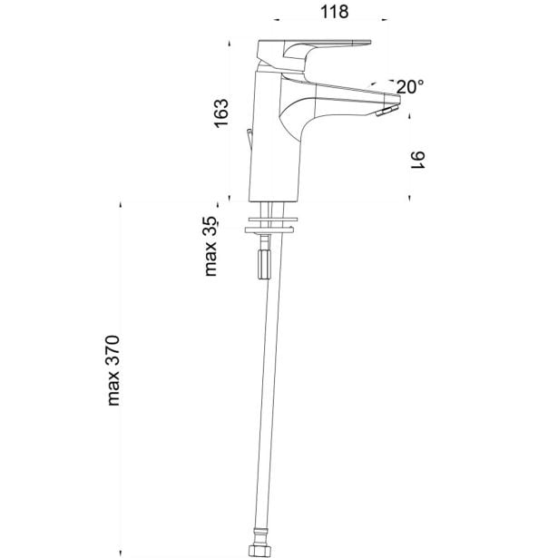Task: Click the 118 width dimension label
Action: (335, 12)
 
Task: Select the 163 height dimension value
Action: (220, 113)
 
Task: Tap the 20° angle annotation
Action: (410, 87)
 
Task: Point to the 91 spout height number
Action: (418, 160)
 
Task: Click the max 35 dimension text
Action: (210, 246)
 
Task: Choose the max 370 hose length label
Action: (113, 370)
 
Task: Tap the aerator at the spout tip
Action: (387, 111)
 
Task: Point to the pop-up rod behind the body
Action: (250, 141)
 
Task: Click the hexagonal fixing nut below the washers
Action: (264, 265)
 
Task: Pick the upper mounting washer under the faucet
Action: (272, 219)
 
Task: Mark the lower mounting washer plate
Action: (269, 230)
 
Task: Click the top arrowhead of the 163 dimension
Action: (230, 44)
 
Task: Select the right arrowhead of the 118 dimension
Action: (385, 20)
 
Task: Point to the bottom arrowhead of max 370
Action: (121, 553)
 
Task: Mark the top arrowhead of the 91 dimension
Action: (409, 116)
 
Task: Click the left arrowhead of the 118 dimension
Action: (276, 20)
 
